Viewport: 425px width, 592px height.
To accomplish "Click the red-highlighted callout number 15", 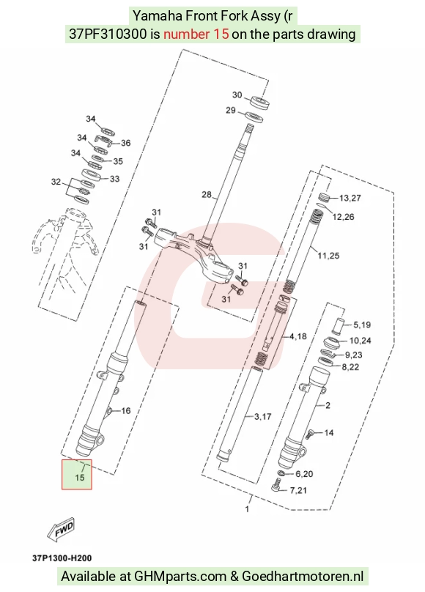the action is point(79,478).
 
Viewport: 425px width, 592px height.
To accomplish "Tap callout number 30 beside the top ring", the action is point(237,95).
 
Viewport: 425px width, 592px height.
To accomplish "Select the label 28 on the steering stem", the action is point(207,194).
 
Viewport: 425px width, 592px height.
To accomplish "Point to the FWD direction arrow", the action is point(61,530).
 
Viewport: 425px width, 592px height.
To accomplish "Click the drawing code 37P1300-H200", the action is point(62,558).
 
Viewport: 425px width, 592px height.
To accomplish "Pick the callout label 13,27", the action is point(350,198).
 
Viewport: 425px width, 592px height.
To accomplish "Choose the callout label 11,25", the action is point(328,256).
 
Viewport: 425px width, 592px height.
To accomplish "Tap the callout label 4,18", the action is point(297,336).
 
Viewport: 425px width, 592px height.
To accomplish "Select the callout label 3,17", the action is point(263,416).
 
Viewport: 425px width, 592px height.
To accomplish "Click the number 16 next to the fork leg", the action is point(126,410).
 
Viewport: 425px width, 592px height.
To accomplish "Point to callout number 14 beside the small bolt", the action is point(329,432).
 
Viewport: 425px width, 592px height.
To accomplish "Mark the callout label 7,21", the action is point(298,490).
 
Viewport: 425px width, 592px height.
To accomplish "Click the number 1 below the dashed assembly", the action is point(247,509).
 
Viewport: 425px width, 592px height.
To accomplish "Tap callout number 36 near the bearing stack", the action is point(125,143).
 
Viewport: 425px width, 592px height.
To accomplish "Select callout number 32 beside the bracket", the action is point(56,182).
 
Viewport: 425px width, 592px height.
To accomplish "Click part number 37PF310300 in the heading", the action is point(108,34).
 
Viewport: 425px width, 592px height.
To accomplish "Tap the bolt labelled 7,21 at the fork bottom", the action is point(276,485).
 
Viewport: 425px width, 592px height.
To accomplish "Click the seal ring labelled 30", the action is point(261,103).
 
